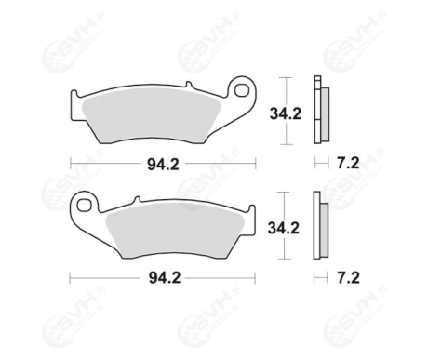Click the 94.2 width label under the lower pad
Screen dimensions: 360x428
[x=161, y=277]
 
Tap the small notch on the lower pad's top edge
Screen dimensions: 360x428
[x=136, y=198]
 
